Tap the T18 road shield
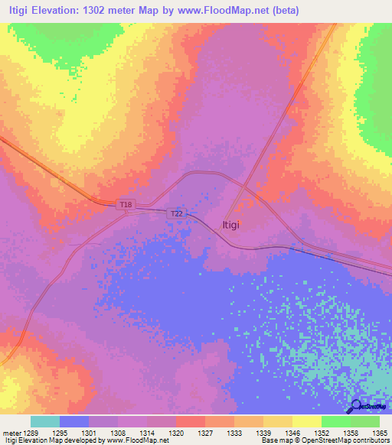126,205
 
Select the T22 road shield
175,215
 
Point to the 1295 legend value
73,433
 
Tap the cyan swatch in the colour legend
45,421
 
